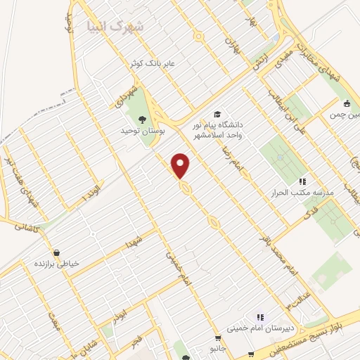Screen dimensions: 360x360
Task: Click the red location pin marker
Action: [181, 166]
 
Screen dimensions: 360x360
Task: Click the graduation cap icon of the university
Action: [217, 112]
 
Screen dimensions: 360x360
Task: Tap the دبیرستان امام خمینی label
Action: [261, 327]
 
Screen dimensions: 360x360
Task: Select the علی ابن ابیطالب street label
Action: [288, 110]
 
